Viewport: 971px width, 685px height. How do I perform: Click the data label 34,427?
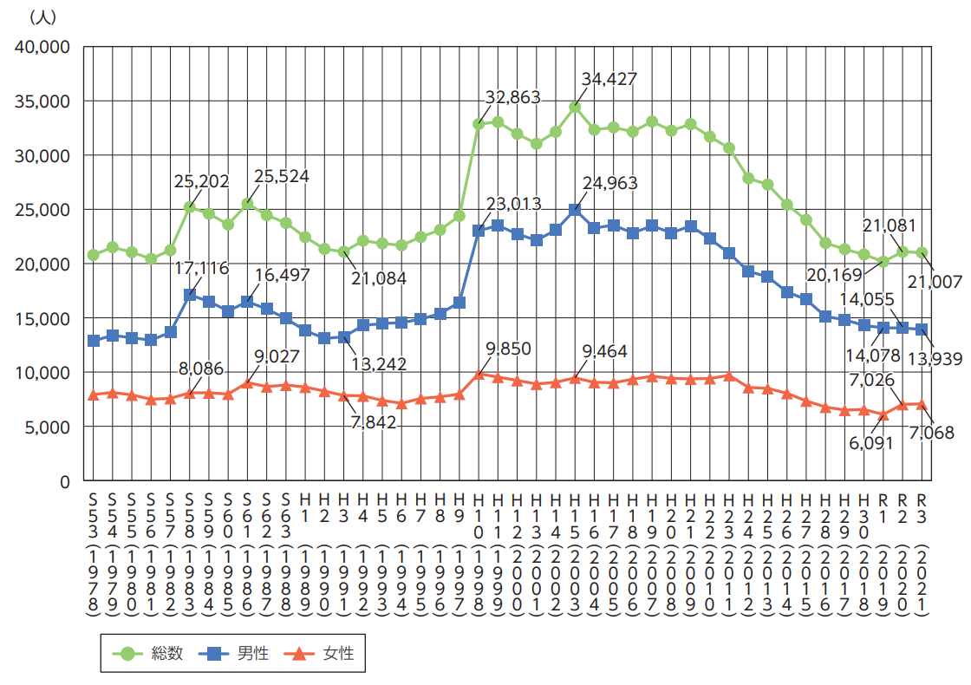pos(609,79)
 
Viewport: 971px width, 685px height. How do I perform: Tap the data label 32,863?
pos(513,98)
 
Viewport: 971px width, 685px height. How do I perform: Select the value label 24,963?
pos(609,183)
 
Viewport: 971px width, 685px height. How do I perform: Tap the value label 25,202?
pos(200,182)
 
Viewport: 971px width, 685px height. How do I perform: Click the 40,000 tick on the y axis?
pos(43,47)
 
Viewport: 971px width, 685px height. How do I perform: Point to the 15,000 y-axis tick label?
pos(43,318)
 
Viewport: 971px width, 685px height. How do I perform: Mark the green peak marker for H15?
pos(574,107)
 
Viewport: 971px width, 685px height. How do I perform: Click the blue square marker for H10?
pos(479,231)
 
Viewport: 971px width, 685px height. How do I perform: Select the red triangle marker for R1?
pos(883,414)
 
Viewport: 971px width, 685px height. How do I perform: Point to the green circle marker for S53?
pos(93,255)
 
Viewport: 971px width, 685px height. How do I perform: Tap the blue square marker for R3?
pos(922,329)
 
